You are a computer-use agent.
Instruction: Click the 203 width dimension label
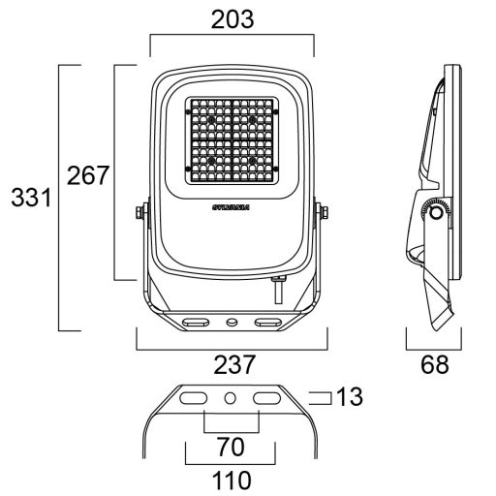(232, 18)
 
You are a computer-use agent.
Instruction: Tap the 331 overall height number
(29, 199)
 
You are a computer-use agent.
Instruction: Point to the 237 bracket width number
(232, 364)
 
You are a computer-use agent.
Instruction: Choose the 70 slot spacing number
(232, 448)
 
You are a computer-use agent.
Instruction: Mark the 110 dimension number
(232, 479)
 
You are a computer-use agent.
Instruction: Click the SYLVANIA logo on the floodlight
(232, 206)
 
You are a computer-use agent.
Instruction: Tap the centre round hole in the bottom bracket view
(232, 398)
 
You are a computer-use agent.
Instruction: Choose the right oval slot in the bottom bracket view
(266, 398)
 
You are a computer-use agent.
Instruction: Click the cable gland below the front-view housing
(279, 287)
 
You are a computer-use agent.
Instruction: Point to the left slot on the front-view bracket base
(197, 320)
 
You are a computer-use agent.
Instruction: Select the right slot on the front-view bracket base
(266, 320)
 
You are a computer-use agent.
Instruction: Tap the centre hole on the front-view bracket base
(232, 320)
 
